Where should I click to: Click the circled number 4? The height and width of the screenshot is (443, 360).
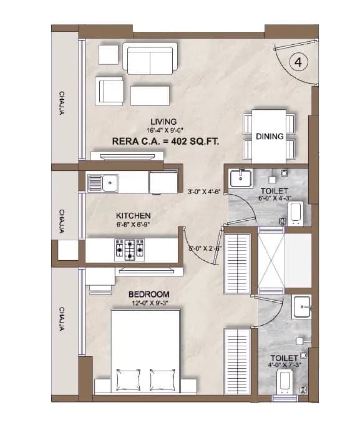point(299,62)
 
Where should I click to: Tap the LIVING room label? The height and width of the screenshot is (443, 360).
point(163,121)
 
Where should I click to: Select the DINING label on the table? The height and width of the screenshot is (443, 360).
point(270,137)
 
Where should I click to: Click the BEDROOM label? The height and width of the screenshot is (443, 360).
point(149,295)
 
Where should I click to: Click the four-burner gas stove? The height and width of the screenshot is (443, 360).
point(129,250)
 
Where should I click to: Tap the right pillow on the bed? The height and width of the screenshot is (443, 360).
point(163,379)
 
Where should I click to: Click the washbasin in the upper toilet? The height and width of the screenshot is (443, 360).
point(240,178)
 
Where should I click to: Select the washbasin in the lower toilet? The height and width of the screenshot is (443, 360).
point(303,306)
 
